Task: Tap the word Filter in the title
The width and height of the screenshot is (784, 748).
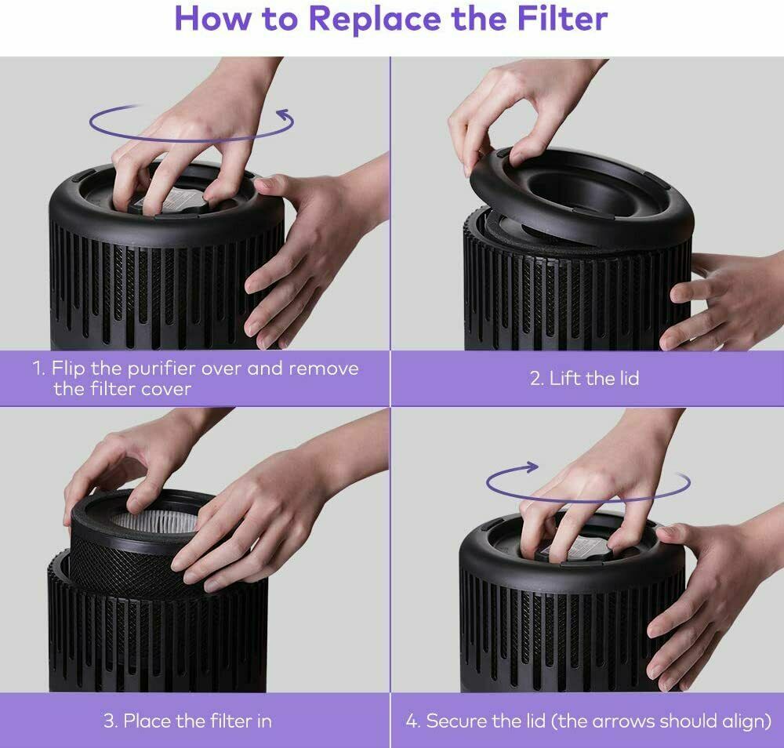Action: click(562, 18)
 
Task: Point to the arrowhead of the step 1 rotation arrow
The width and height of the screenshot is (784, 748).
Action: click(285, 115)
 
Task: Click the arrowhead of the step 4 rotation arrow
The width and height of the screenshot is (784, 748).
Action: click(530, 467)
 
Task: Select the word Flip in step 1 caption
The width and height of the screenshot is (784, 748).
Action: click(68, 368)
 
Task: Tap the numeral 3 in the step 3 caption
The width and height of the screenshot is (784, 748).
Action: click(110, 721)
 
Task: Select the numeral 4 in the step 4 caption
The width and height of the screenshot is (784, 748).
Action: click(412, 721)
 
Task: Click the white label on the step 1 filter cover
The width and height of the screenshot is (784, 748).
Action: click(173, 200)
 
